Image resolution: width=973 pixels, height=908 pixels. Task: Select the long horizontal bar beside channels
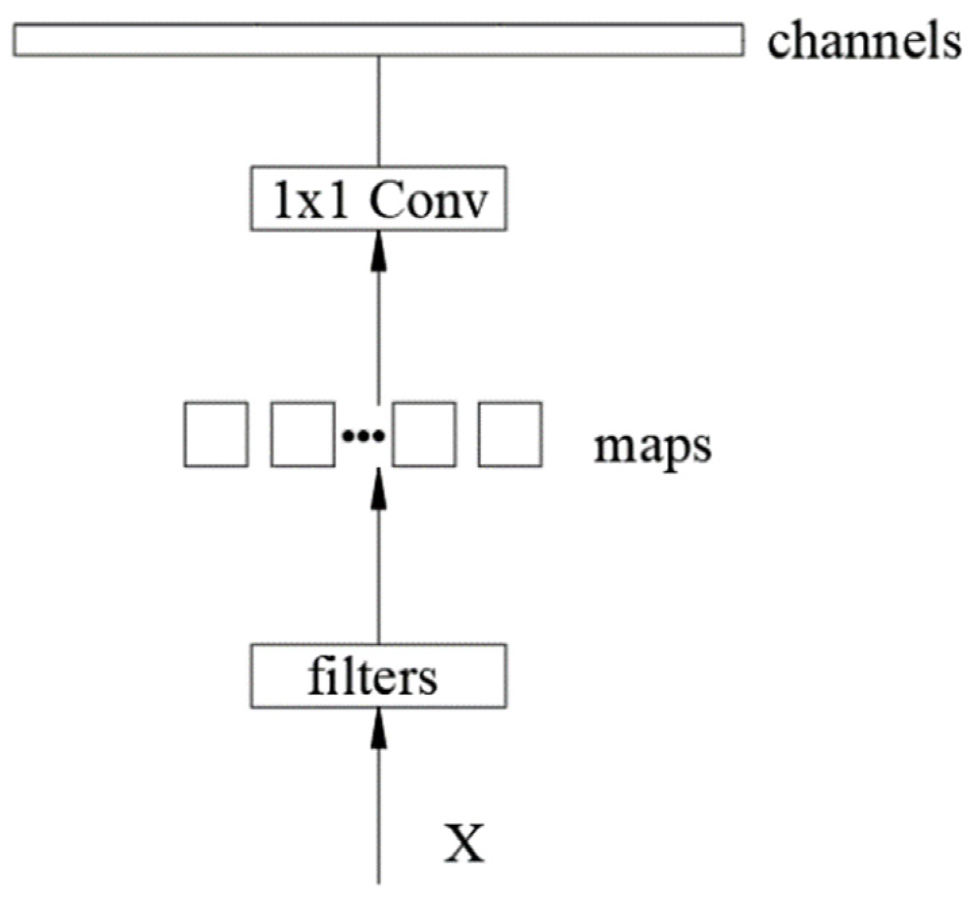[378, 40]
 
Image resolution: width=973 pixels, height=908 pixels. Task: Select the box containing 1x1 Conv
[378, 199]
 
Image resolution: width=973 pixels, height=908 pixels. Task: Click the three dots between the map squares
[364, 437]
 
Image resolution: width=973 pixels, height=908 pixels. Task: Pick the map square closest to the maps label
[509, 434]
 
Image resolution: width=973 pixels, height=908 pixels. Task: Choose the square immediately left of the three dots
[302, 434]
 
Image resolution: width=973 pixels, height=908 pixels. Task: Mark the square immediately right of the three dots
[424, 434]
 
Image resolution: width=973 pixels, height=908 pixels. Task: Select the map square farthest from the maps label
[216, 434]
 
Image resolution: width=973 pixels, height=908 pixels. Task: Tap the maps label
[652, 447]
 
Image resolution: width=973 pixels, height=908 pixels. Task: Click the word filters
[372, 676]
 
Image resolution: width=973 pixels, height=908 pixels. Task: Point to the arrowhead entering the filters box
[378, 730]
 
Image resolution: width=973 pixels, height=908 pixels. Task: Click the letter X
[464, 842]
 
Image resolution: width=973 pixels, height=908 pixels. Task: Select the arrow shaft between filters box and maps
[378, 574]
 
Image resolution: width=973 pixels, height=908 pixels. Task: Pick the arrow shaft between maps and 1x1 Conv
[378, 331]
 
